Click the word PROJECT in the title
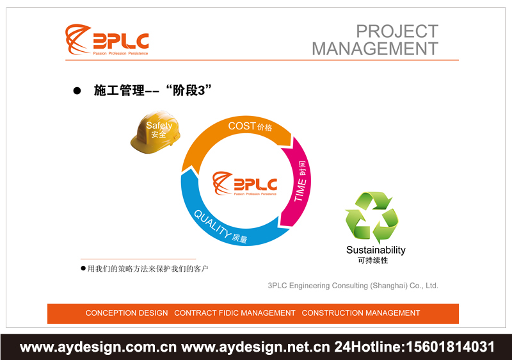[x=397, y=31]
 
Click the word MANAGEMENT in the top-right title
[x=375, y=48]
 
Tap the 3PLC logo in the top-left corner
[x=108, y=40]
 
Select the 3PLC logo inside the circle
[x=245, y=183]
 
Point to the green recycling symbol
[x=372, y=217]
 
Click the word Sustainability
[x=376, y=250]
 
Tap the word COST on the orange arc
[x=242, y=126]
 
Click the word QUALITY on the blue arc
[x=212, y=224]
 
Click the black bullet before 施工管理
[x=77, y=92]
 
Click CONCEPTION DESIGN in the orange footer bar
[x=127, y=313]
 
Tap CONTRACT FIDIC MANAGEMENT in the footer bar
[x=235, y=313]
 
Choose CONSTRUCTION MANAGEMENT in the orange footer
[x=361, y=313]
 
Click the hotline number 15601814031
[x=451, y=347]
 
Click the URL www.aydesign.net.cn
[x=256, y=347]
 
